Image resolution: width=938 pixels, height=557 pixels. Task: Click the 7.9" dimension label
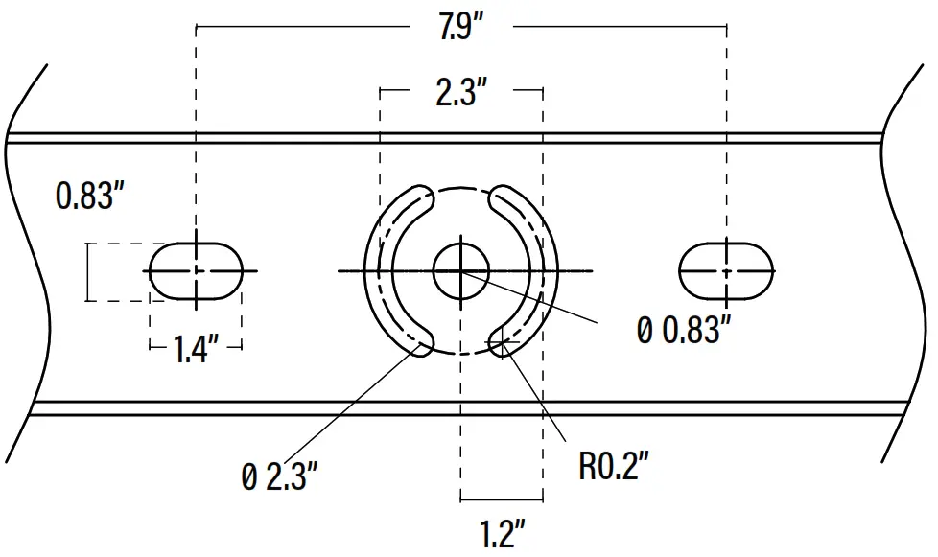click(x=460, y=28)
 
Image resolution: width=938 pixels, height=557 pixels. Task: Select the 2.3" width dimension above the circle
click(x=461, y=94)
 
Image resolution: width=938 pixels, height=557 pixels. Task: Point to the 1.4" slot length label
click(x=195, y=349)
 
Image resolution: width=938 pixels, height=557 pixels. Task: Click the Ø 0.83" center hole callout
click(x=684, y=330)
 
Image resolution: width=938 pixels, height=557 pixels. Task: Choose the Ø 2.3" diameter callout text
click(x=279, y=476)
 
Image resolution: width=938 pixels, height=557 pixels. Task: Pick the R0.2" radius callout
click(x=615, y=467)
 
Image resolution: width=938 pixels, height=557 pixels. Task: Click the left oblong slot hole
click(x=196, y=271)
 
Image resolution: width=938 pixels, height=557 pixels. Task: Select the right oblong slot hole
click(x=726, y=271)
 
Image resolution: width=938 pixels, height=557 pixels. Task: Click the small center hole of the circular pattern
click(x=461, y=271)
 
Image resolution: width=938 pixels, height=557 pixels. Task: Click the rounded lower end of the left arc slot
click(x=423, y=343)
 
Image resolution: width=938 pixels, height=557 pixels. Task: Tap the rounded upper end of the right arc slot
click(x=501, y=198)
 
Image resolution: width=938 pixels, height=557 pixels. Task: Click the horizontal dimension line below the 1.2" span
click(x=501, y=499)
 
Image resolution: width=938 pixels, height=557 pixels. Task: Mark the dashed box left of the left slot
click(x=117, y=272)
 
